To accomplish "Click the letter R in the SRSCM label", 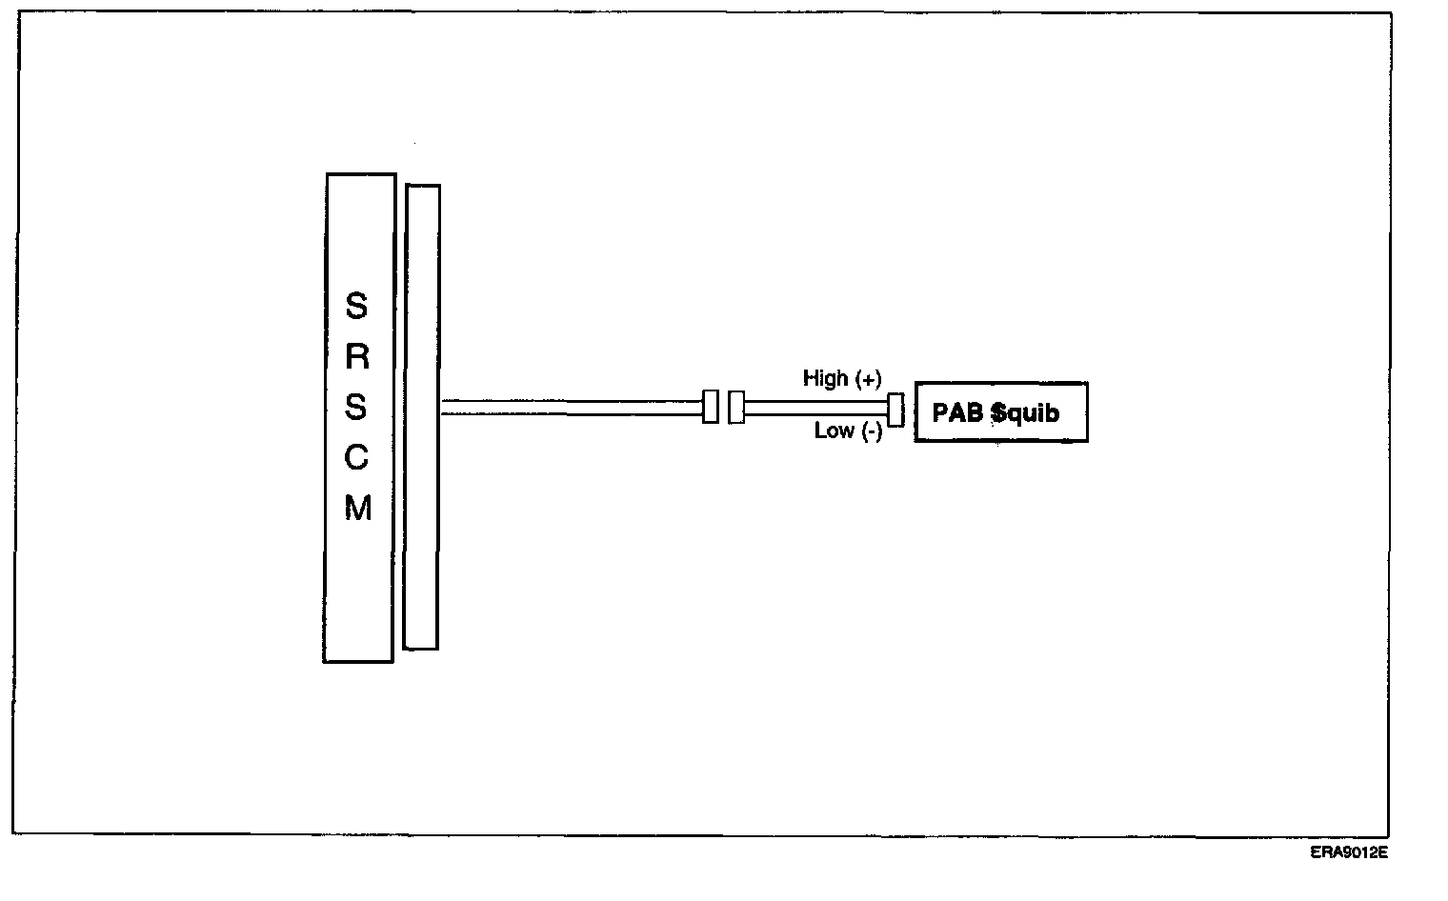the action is (356, 358).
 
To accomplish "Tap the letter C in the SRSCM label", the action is (356, 459).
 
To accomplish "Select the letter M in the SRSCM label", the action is (357, 510).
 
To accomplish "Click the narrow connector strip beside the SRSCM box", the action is (422, 416).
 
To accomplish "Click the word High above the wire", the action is (825, 378).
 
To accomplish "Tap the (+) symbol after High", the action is (868, 379).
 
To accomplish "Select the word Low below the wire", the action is (834, 431).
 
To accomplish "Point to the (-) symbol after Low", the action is (872, 432).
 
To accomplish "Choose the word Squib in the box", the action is (1025, 413).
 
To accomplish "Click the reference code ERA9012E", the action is (1348, 853).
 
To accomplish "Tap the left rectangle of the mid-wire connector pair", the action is (710, 407).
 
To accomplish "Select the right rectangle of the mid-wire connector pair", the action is (735, 407).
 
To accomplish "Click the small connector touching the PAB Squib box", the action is (895, 410).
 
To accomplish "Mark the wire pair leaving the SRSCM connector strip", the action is (572, 408).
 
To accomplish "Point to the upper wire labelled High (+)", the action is (815, 401).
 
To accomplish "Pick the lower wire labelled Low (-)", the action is (815, 415).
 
